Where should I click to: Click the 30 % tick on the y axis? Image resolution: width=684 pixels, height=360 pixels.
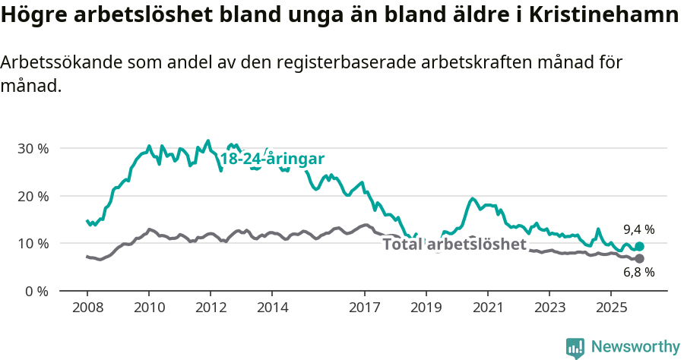[x=32, y=148]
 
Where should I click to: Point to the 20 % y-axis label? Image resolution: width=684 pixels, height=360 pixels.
[x=32, y=196]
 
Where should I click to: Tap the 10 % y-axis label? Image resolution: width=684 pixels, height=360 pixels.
[x=32, y=244]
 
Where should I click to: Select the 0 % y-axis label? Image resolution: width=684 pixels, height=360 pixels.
[x=36, y=291]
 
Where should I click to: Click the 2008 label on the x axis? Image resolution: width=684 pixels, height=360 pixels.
[x=87, y=308]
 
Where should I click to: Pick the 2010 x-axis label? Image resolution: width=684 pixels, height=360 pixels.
[x=149, y=308]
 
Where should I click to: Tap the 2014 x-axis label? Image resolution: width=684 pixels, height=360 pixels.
[x=272, y=308]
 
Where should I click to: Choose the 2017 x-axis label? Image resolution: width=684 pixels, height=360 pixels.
[x=365, y=308]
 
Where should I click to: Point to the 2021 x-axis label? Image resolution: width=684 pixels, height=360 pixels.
[x=488, y=308]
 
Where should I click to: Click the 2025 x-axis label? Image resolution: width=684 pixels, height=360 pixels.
[x=611, y=308]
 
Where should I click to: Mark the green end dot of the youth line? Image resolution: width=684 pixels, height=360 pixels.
[x=639, y=246]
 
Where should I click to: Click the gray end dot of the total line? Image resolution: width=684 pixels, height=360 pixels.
[x=639, y=259]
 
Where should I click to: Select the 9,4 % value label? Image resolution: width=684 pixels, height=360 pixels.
[x=638, y=229]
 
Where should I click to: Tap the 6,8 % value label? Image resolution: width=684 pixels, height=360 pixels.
[x=638, y=273]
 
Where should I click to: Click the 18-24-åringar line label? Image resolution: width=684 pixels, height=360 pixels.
[x=272, y=159]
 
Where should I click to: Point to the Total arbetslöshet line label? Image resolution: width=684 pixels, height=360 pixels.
[x=454, y=245]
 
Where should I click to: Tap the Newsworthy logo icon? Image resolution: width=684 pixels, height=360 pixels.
[x=575, y=347]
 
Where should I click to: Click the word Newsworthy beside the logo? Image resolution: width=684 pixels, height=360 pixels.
[x=635, y=347]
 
